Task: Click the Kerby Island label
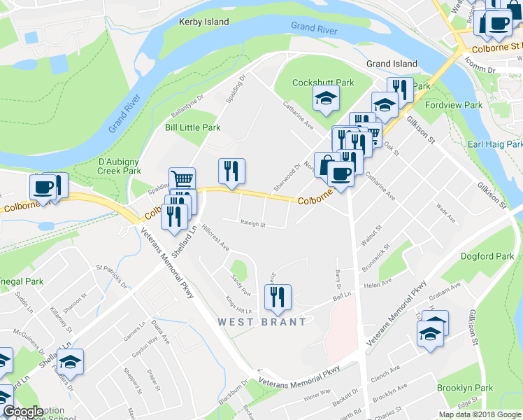pos(203,22)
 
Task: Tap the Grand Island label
pos(392,64)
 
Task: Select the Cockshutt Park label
pos(323,82)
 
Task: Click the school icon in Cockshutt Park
pos(325,99)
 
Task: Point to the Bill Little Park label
pos(192,127)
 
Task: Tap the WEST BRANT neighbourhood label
pos(261,322)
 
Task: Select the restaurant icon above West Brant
pos(278,297)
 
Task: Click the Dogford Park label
pos(487,255)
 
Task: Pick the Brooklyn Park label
pos(465,388)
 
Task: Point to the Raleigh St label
pos(252,225)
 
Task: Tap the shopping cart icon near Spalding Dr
pos(182,178)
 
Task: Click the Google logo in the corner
pos(23,412)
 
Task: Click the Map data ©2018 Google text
pos(479,414)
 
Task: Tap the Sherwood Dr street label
pos(287,171)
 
